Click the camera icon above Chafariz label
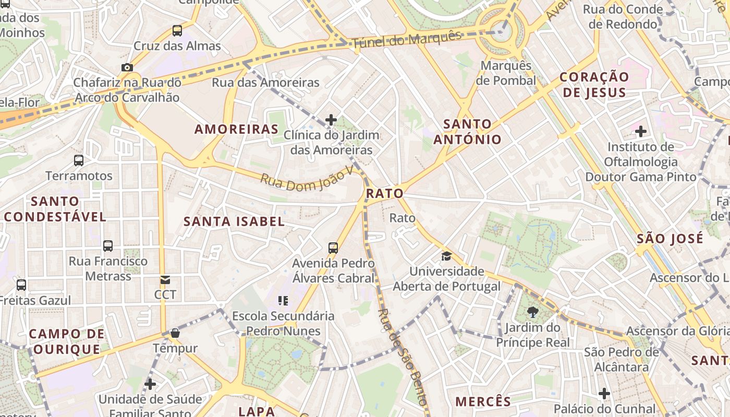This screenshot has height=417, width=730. coord(127,67)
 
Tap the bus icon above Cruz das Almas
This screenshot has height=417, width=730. coord(177,31)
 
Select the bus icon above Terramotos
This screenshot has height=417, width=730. coord(79,161)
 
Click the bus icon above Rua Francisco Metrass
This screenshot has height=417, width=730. coord(108,246)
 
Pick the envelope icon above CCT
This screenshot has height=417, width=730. coord(165,280)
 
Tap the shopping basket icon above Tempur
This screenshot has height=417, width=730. coord(175,333)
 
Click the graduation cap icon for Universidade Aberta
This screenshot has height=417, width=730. coord(446,256)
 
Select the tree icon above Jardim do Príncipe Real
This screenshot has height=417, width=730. coord(533,312)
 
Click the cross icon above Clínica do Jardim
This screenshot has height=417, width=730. coord(331,120)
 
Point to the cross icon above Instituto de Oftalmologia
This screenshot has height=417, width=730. coord(641,131)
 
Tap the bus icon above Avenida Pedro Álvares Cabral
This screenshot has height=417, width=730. coord(333,248)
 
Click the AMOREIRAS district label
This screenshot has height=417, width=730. coord(236,129)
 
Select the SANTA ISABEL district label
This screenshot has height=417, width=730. coord(234,222)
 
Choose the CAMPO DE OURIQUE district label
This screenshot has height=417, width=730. coord(66,341)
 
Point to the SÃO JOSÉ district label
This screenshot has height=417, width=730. coord(670,239)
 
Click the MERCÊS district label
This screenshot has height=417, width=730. coord(483,402)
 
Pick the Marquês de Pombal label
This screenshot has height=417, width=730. coord(506,73)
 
